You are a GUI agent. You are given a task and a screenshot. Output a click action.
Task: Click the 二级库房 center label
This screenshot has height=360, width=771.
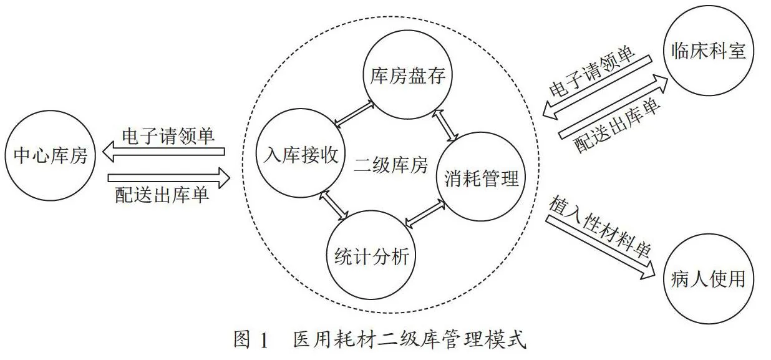point(391,165)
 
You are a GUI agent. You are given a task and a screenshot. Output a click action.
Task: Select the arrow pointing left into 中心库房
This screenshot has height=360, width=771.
point(163,152)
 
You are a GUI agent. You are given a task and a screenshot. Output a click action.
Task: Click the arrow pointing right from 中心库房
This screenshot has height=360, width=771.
point(169,178)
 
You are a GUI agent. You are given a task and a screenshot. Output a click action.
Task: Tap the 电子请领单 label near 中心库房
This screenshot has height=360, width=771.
point(168,135)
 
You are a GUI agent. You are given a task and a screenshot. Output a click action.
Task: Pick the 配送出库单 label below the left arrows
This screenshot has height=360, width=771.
point(162,195)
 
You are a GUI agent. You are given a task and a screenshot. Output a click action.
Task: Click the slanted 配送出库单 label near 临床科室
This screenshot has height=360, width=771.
point(617,125)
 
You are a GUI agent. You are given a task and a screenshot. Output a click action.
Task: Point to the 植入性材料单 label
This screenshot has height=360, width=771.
point(599,226)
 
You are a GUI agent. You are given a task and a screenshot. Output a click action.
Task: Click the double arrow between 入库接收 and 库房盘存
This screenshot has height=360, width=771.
point(354,114)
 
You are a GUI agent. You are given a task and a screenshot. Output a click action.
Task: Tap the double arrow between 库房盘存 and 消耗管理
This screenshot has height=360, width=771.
point(445,125)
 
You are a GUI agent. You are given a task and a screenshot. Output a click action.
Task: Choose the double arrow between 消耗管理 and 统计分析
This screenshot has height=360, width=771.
point(425,214)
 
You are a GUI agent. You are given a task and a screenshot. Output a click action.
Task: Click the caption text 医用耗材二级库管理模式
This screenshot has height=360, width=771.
point(410,339)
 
